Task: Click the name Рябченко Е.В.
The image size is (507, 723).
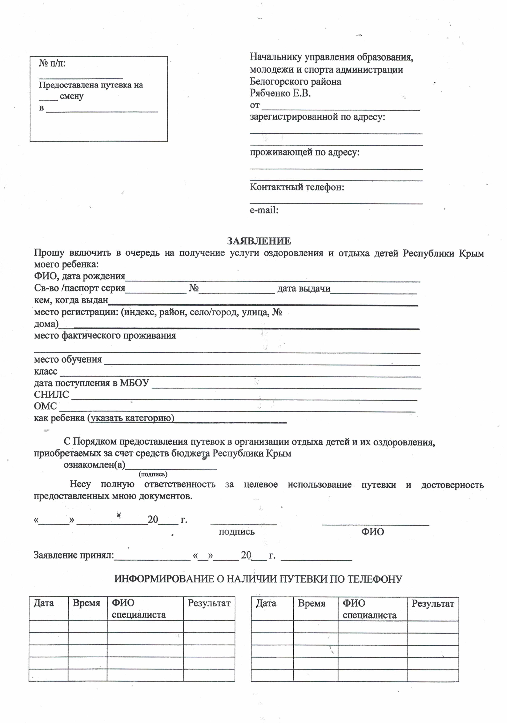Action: [280, 93]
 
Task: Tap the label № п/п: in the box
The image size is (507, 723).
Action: [52, 64]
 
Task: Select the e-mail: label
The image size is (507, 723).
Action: [264, 210]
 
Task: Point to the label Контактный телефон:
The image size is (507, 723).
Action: [297, 187]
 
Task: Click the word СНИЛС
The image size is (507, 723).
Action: [51, 395]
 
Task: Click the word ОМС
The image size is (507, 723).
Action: [45, 406]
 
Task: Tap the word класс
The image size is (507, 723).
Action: [46, 371]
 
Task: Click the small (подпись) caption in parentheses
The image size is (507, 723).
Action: [153, 474]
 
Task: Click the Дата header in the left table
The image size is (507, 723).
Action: [44, 603]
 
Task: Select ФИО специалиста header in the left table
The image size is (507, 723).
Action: [139, 609]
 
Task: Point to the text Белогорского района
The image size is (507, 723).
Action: [295, 82]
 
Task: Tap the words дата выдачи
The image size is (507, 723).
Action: [304, 288]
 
